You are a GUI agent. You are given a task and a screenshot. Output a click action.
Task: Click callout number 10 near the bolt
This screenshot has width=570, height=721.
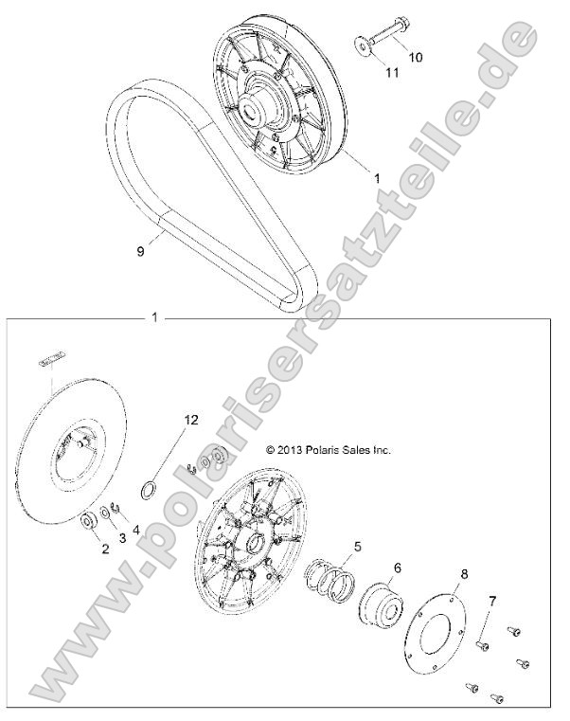click(415, 58)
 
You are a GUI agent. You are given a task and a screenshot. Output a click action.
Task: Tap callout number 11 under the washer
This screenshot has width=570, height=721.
click(391, 72)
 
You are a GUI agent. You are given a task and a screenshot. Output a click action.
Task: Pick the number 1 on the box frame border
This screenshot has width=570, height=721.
click(154, 318)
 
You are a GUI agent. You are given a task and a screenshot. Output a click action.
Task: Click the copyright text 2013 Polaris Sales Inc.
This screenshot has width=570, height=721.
click(328, 450)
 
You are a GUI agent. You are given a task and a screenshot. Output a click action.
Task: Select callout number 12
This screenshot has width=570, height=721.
click(191, 418)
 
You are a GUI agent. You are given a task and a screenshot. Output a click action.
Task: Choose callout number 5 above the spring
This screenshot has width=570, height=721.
click(356, 547)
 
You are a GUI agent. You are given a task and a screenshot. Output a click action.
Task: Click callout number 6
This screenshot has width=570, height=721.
click(397, 568)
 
